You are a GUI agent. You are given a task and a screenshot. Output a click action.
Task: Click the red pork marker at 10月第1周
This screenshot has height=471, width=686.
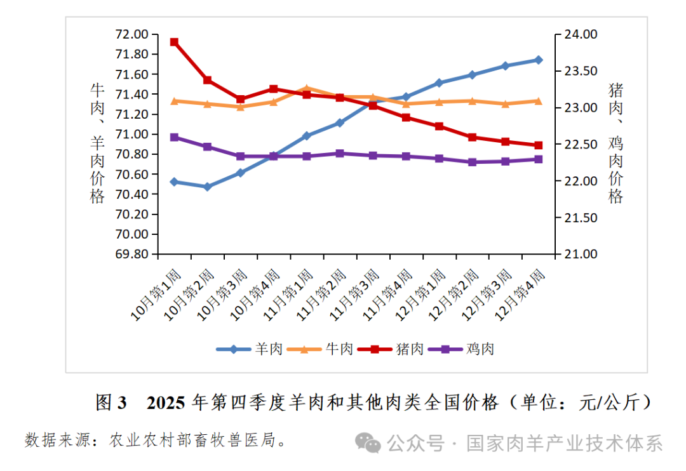click(174, 42)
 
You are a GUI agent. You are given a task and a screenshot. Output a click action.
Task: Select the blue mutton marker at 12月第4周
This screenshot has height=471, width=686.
click(539, 60)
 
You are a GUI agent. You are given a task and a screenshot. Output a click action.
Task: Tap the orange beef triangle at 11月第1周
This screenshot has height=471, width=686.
click(307, 89)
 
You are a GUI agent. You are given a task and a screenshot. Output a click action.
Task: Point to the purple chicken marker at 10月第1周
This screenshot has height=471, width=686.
click(174, 137)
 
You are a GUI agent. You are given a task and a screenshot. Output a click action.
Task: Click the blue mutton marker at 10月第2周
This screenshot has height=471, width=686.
click(207, 187)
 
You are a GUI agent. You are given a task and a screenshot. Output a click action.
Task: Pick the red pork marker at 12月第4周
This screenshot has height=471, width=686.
click(539, 145)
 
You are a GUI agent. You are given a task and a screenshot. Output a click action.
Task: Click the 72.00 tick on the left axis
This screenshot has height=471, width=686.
click(132, 34)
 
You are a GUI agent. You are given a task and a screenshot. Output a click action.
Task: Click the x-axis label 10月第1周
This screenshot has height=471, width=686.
click(156, 295)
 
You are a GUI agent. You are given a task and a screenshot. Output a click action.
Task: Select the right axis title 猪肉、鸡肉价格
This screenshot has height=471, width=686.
click(615, 143)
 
